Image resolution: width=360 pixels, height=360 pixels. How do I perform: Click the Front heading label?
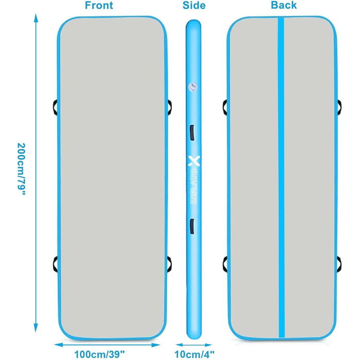click(x=99, y=6)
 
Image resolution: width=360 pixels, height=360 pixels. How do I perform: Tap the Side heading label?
click(x=194, y=6)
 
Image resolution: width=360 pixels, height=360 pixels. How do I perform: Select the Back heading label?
click(x=284, y=5)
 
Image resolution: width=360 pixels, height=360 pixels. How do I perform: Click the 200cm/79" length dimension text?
click(x=22, y=169)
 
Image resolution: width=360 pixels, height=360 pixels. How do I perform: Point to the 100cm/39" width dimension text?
click(x=100, y=354)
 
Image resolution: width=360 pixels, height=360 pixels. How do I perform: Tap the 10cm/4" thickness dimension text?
click(x=194, y=354)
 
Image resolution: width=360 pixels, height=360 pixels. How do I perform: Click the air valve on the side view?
click(x=193, y=87)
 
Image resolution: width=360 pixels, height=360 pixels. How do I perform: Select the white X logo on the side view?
click(x=194, y=161)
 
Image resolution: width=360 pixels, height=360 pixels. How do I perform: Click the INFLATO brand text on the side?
click(x=194, y=186)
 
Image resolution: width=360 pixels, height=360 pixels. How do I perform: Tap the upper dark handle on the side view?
click(x=192, y=133)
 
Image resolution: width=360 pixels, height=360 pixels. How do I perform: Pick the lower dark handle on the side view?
click(x=192, y=226)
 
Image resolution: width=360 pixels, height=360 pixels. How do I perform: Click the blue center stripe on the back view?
click(x=281, y=177)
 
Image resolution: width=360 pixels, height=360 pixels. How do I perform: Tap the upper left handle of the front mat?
click(x=56, y=107)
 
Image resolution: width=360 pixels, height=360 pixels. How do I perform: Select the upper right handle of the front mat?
click(x=170, y=107)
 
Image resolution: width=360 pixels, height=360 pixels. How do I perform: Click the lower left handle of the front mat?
click(x=56, y=264)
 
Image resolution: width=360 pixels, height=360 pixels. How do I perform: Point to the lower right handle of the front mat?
click(x=170, y=264)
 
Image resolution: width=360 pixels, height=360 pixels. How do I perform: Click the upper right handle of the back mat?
click(x=339, y=107)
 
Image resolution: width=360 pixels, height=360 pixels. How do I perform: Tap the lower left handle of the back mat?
click(x=225, y=264)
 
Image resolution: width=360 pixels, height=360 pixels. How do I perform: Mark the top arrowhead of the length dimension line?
click(x=36, y=18)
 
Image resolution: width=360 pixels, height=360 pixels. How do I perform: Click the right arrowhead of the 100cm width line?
click(x=156, y=345)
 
